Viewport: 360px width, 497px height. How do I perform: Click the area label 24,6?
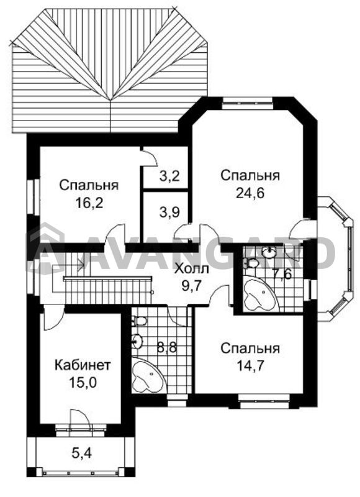[250, 193]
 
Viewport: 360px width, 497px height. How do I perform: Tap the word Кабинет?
[83, 365]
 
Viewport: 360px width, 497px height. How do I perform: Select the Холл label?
[192, 270]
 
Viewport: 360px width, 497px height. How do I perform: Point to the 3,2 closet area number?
[169, 176]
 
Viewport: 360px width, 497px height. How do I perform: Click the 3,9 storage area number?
[169, 212]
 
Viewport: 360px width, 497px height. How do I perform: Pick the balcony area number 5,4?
[81, 454]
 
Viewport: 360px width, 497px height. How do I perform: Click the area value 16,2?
[89, 203]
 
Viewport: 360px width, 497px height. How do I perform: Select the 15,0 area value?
[83, 383]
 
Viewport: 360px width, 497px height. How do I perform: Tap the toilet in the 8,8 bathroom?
[138, 321]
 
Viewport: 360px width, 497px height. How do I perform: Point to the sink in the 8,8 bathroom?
[137, 341]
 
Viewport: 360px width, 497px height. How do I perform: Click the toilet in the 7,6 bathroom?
[251, 263]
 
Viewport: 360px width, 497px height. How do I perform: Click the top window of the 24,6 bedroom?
[247, 101]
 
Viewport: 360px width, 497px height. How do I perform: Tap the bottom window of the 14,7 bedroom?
[264, 399]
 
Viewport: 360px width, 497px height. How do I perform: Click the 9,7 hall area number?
[192, 286]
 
